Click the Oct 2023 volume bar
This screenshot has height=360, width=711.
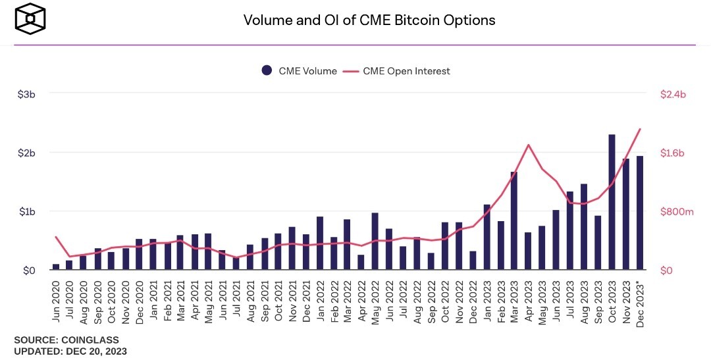pos(612,202)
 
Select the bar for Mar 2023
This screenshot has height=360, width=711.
pos(513,221)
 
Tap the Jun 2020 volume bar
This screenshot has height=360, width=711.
pos(56,267)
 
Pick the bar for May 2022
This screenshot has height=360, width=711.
pos(375,242)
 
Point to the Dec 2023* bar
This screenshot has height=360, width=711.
pos(640,213)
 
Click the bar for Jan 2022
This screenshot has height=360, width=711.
pos(320,243)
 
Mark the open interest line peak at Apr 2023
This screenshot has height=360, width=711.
pos(528,145)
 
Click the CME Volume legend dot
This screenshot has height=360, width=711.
pos(267,70)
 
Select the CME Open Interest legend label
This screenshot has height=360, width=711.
pos(406,71)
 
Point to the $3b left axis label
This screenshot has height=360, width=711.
pos(26,94)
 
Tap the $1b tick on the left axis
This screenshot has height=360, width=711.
pos(27,212)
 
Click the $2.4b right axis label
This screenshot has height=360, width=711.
pos(673,94)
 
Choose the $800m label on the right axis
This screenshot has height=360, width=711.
pos(677,212)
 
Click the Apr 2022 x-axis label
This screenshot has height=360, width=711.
pos(361,301)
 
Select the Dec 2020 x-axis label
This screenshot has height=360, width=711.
pos(139,303)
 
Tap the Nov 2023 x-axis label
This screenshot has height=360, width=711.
pos(626,303)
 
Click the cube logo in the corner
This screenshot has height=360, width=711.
pos(30,18)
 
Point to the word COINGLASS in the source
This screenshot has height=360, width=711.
pos(90,340)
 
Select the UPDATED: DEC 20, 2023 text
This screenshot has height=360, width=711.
pos(70,351)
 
